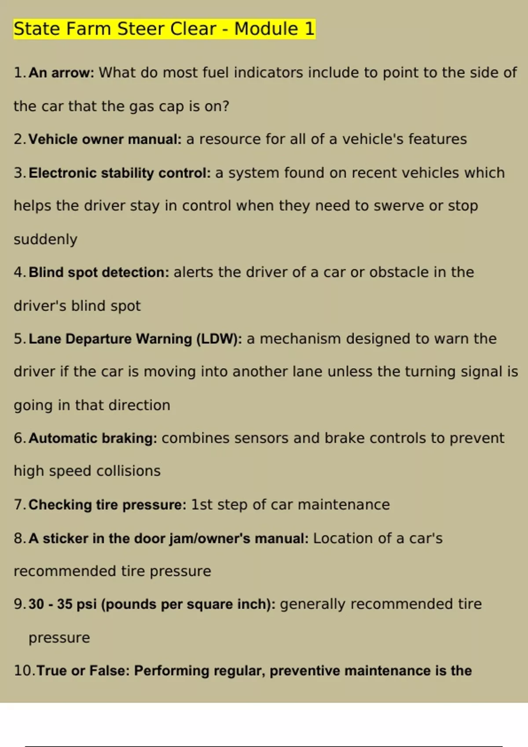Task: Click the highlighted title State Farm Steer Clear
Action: coord(115,29)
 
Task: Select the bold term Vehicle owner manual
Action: coord(105,139)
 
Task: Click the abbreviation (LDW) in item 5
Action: coord(219,339)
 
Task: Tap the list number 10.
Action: coord(24,671)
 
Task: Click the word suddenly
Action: coord(45,239)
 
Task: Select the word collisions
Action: coord(128,471)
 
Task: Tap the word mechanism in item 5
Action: coord(300,339)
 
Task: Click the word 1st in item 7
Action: coord(202,504)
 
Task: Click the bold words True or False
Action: coord(83,671)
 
